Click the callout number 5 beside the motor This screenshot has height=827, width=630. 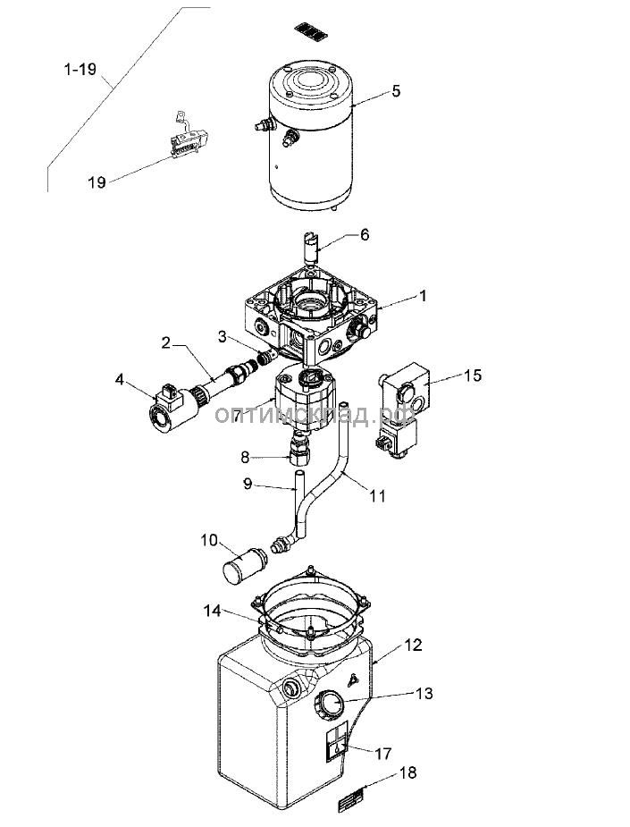click(x=396, y=91)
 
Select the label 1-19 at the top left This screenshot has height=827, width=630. click(x=81, y=69)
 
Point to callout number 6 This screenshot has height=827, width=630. click(x=364, y=235)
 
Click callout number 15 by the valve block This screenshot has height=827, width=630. click(x=472, y=375)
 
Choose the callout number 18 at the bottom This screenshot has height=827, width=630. click(x=408, y=772)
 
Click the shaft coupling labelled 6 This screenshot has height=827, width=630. click(x=312, y=246)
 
